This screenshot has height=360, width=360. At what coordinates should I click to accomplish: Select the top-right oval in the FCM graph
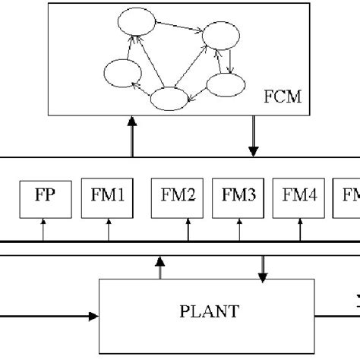[221, 39]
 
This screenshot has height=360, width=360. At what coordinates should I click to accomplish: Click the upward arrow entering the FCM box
[133, 137]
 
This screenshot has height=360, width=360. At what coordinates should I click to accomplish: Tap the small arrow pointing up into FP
[43, 229]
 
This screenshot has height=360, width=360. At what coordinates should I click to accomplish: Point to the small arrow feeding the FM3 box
[238, 229]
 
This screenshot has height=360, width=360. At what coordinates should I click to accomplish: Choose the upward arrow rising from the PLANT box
[159, 267]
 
